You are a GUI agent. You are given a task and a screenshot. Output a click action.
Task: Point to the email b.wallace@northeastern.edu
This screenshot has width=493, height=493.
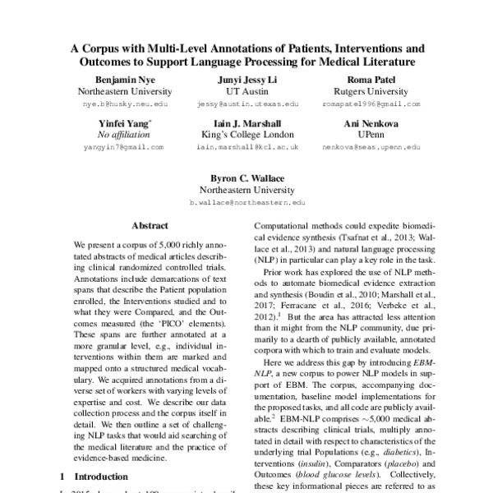246,200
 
